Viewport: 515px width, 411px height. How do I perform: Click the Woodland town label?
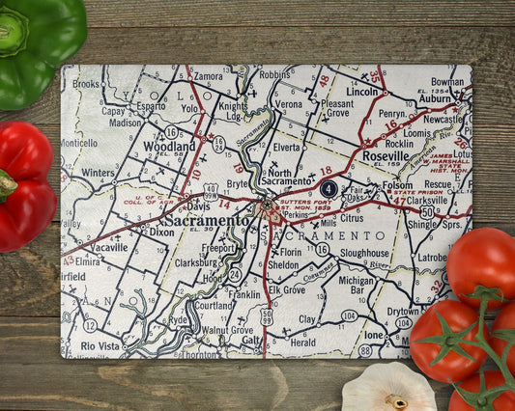tap(170, 147)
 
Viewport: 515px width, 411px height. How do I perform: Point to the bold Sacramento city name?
tap(207, 220)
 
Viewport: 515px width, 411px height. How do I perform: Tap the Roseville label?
tap(385, 155)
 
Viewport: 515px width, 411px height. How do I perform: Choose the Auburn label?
tap(436, 97)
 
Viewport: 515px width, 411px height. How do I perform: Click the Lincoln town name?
tap(362, 92)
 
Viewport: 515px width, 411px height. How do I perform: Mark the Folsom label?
tap(397, 184)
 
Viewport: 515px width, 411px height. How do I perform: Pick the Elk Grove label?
tap(287, 288)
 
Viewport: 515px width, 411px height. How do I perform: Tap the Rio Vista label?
tap(100, 345)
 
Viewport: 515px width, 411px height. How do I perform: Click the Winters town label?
tap(98, 174)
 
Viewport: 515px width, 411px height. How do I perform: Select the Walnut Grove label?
tap(228, 330)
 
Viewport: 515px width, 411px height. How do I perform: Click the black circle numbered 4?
tap(329, 189)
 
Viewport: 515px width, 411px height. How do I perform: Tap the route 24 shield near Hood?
tap(235, 274)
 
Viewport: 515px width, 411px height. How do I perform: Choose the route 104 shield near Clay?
tap(349, 315)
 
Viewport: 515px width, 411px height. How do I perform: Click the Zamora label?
tap(209, 75)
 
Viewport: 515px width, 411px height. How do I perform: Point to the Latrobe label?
tap(431, 257)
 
